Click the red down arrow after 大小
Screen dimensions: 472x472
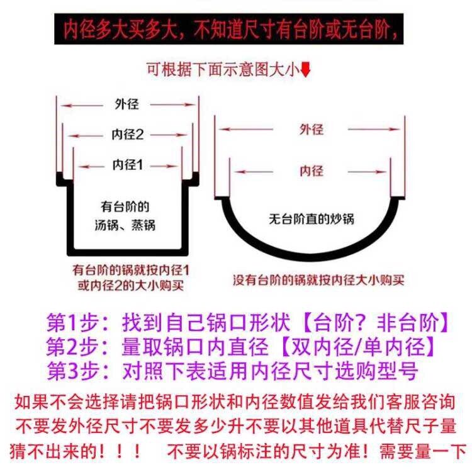click(306, 70)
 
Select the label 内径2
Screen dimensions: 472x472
click(128, 135)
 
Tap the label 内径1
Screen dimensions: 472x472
click(128, 165)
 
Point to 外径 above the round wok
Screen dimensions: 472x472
click(311, 130)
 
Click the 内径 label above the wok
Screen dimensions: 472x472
click(311, 170)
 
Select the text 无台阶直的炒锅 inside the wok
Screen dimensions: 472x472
click(311, 219)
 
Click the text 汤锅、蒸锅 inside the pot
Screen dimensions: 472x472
click(128, 225)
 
